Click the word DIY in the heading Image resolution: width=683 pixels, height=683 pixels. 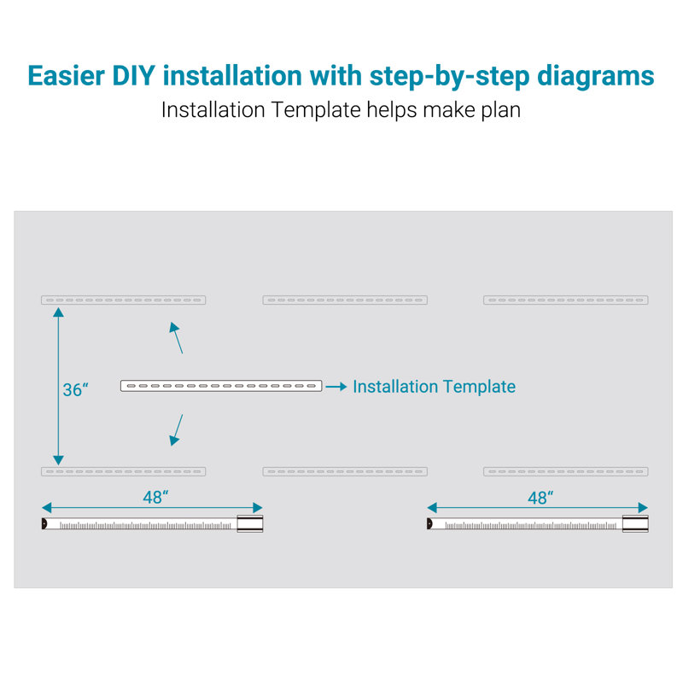(134, 76)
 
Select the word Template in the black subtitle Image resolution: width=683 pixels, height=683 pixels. (316, 110)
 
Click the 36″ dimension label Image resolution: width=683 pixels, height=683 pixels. (75, 389)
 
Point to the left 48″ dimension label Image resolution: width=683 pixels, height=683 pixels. (155, 497)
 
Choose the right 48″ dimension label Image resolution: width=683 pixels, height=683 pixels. (540, 498)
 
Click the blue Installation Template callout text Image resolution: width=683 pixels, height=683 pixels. (435, 387)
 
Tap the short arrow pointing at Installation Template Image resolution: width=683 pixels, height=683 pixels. (336, 387)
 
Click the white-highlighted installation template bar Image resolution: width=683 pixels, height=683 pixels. (221, 386)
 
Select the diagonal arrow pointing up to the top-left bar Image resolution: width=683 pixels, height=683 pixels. (176, 337)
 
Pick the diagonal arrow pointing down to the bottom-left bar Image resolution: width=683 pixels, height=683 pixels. (176, 430)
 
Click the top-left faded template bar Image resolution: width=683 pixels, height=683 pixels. (123, 301)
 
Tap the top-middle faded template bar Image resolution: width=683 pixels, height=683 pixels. (345, 301)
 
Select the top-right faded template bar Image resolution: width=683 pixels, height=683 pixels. (566, 301)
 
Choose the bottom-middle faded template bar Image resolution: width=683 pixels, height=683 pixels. (345, 471)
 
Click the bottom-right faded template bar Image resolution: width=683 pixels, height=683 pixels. (566, 471)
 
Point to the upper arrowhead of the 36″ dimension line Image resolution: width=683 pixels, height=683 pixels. (58, 312)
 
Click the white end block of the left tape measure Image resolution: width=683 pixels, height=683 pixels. (250, 523)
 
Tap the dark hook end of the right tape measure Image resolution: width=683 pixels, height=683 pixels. (429, 523)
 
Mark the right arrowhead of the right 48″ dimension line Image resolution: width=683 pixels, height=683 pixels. (644, 507)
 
